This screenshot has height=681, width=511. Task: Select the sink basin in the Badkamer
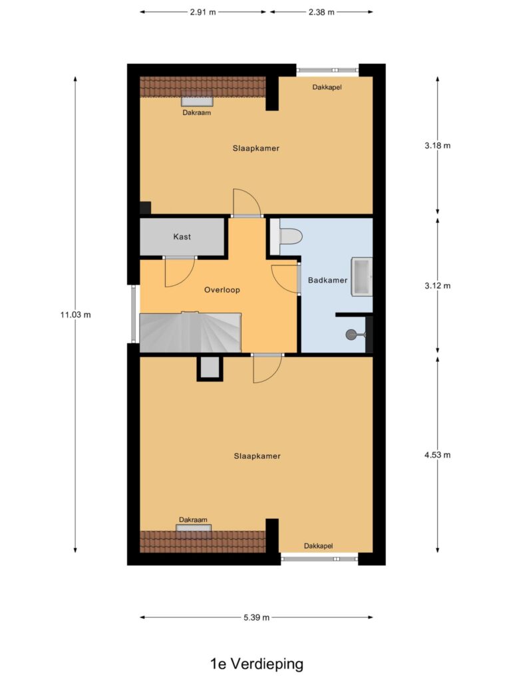[362, 277]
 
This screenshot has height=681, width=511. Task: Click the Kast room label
[182, 237]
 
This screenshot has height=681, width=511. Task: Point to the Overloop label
[222, 290]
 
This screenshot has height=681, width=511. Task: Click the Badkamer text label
[327, 280]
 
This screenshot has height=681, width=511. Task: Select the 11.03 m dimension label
[76, 315]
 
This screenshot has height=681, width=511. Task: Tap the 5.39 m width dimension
[256, 617]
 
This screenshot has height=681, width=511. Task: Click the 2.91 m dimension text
[203, 12]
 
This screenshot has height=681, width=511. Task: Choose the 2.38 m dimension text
[321, 12]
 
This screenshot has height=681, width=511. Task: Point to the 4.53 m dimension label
[438, 455]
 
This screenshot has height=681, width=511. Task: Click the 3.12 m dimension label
[438, 285]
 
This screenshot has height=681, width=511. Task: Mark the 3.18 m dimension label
[438, 146]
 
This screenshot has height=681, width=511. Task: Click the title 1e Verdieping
[257, 664]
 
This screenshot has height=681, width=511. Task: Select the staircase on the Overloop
[190, 333]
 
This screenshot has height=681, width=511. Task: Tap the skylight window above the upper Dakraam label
[197, 101]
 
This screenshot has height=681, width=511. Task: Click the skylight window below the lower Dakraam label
[194, 528]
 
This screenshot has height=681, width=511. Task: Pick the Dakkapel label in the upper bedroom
[327, 87]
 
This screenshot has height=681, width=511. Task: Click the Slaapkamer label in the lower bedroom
[257, 456]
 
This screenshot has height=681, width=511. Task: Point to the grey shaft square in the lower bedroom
[210, 368]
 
